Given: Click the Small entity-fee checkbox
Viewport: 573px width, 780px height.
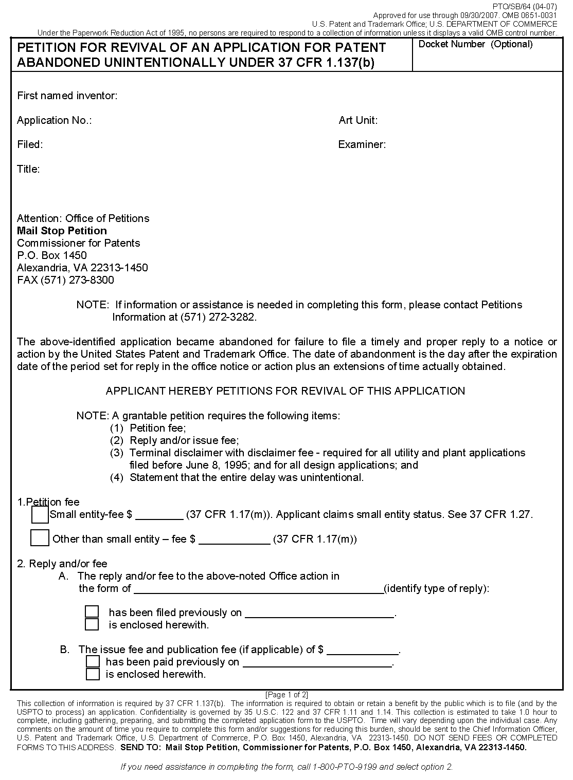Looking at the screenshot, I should [x=40, y=514].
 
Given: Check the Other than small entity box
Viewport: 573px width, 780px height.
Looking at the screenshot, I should [x=40, y=538].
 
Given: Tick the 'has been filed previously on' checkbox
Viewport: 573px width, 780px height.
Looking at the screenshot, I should [x=92, y=611].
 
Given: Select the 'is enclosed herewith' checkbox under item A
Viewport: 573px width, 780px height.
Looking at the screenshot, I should [x=92, y=624].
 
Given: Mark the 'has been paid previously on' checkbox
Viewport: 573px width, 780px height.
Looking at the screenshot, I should [x=93, y=661].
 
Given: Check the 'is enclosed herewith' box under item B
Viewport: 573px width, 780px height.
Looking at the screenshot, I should [x=93, y=674].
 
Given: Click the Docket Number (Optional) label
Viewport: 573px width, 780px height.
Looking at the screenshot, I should [x=475, y=44].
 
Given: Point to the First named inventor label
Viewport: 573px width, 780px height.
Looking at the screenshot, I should [x=67, y=96].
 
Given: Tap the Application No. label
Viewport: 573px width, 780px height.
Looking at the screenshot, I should [x=54, y=120].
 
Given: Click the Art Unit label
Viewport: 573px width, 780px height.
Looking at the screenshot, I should [x=358, y=120].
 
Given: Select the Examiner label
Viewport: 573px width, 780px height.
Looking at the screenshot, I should [x=362, y=144].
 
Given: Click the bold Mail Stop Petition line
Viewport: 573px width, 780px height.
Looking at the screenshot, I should [x=62, y=231].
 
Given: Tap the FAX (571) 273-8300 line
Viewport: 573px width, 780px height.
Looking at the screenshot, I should [x=65, y=280].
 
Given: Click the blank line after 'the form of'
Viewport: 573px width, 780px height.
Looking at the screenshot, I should [x=257, y=589].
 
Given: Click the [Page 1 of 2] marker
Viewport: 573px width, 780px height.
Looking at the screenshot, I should [x=286, y=695].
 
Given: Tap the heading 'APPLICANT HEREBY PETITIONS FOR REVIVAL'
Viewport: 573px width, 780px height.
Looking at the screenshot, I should [x=285, y=391].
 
